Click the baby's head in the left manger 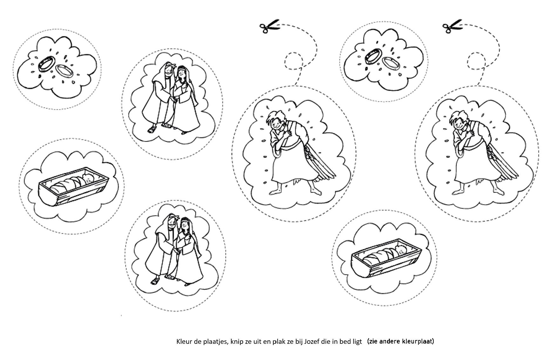pyautogui.click(x=87, y=178)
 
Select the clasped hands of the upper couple pyautogui.click(x=174, y=100)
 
